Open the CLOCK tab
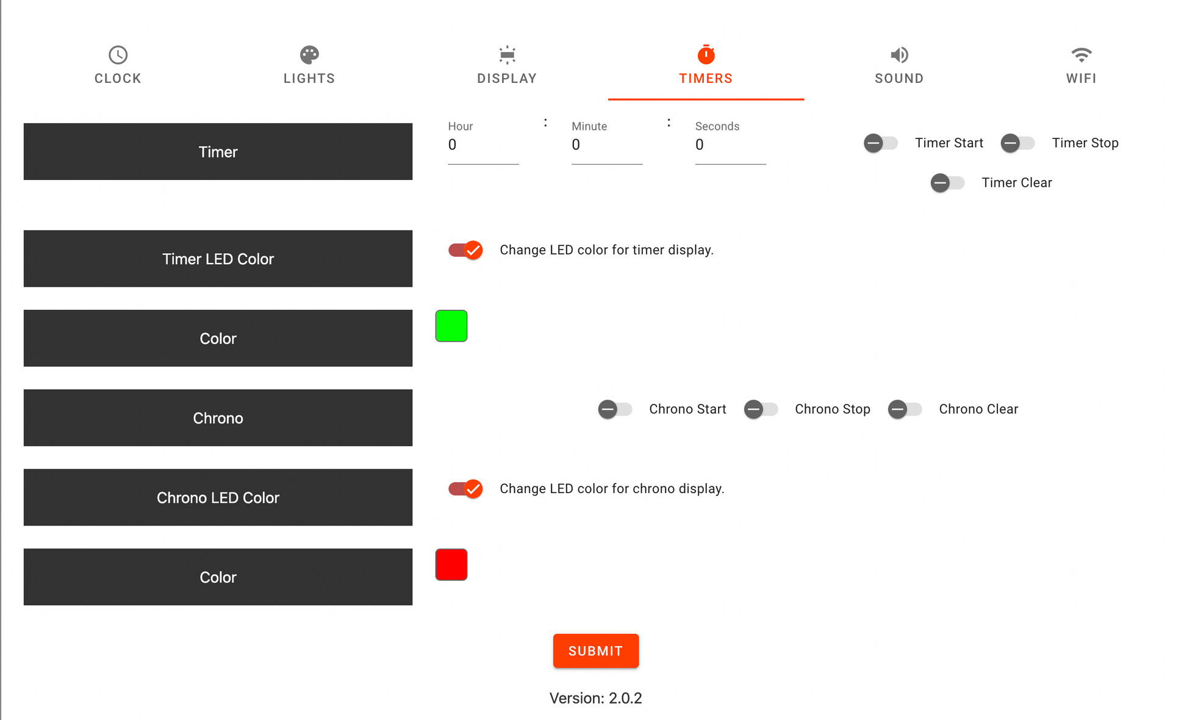coord(118,65)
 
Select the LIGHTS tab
coord(309,65)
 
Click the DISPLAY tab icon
coord(507,55)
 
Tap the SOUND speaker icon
coord(899,55)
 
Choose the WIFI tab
coord(1081,65)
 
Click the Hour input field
coord(483,145)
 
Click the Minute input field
coord(607,145)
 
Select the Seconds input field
coord(730,145)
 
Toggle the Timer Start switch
coord(881,143)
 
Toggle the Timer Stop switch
coord(1017,143)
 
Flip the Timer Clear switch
coord(947,183)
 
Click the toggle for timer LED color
coord(465,250)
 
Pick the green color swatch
coord(451,326)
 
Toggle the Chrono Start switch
coord(615,409)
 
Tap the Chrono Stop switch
coord(761,409)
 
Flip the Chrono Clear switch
coord(905,409)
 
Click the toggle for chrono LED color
coord(465,489)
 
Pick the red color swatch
coord(451,564)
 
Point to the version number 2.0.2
coord(625,698)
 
